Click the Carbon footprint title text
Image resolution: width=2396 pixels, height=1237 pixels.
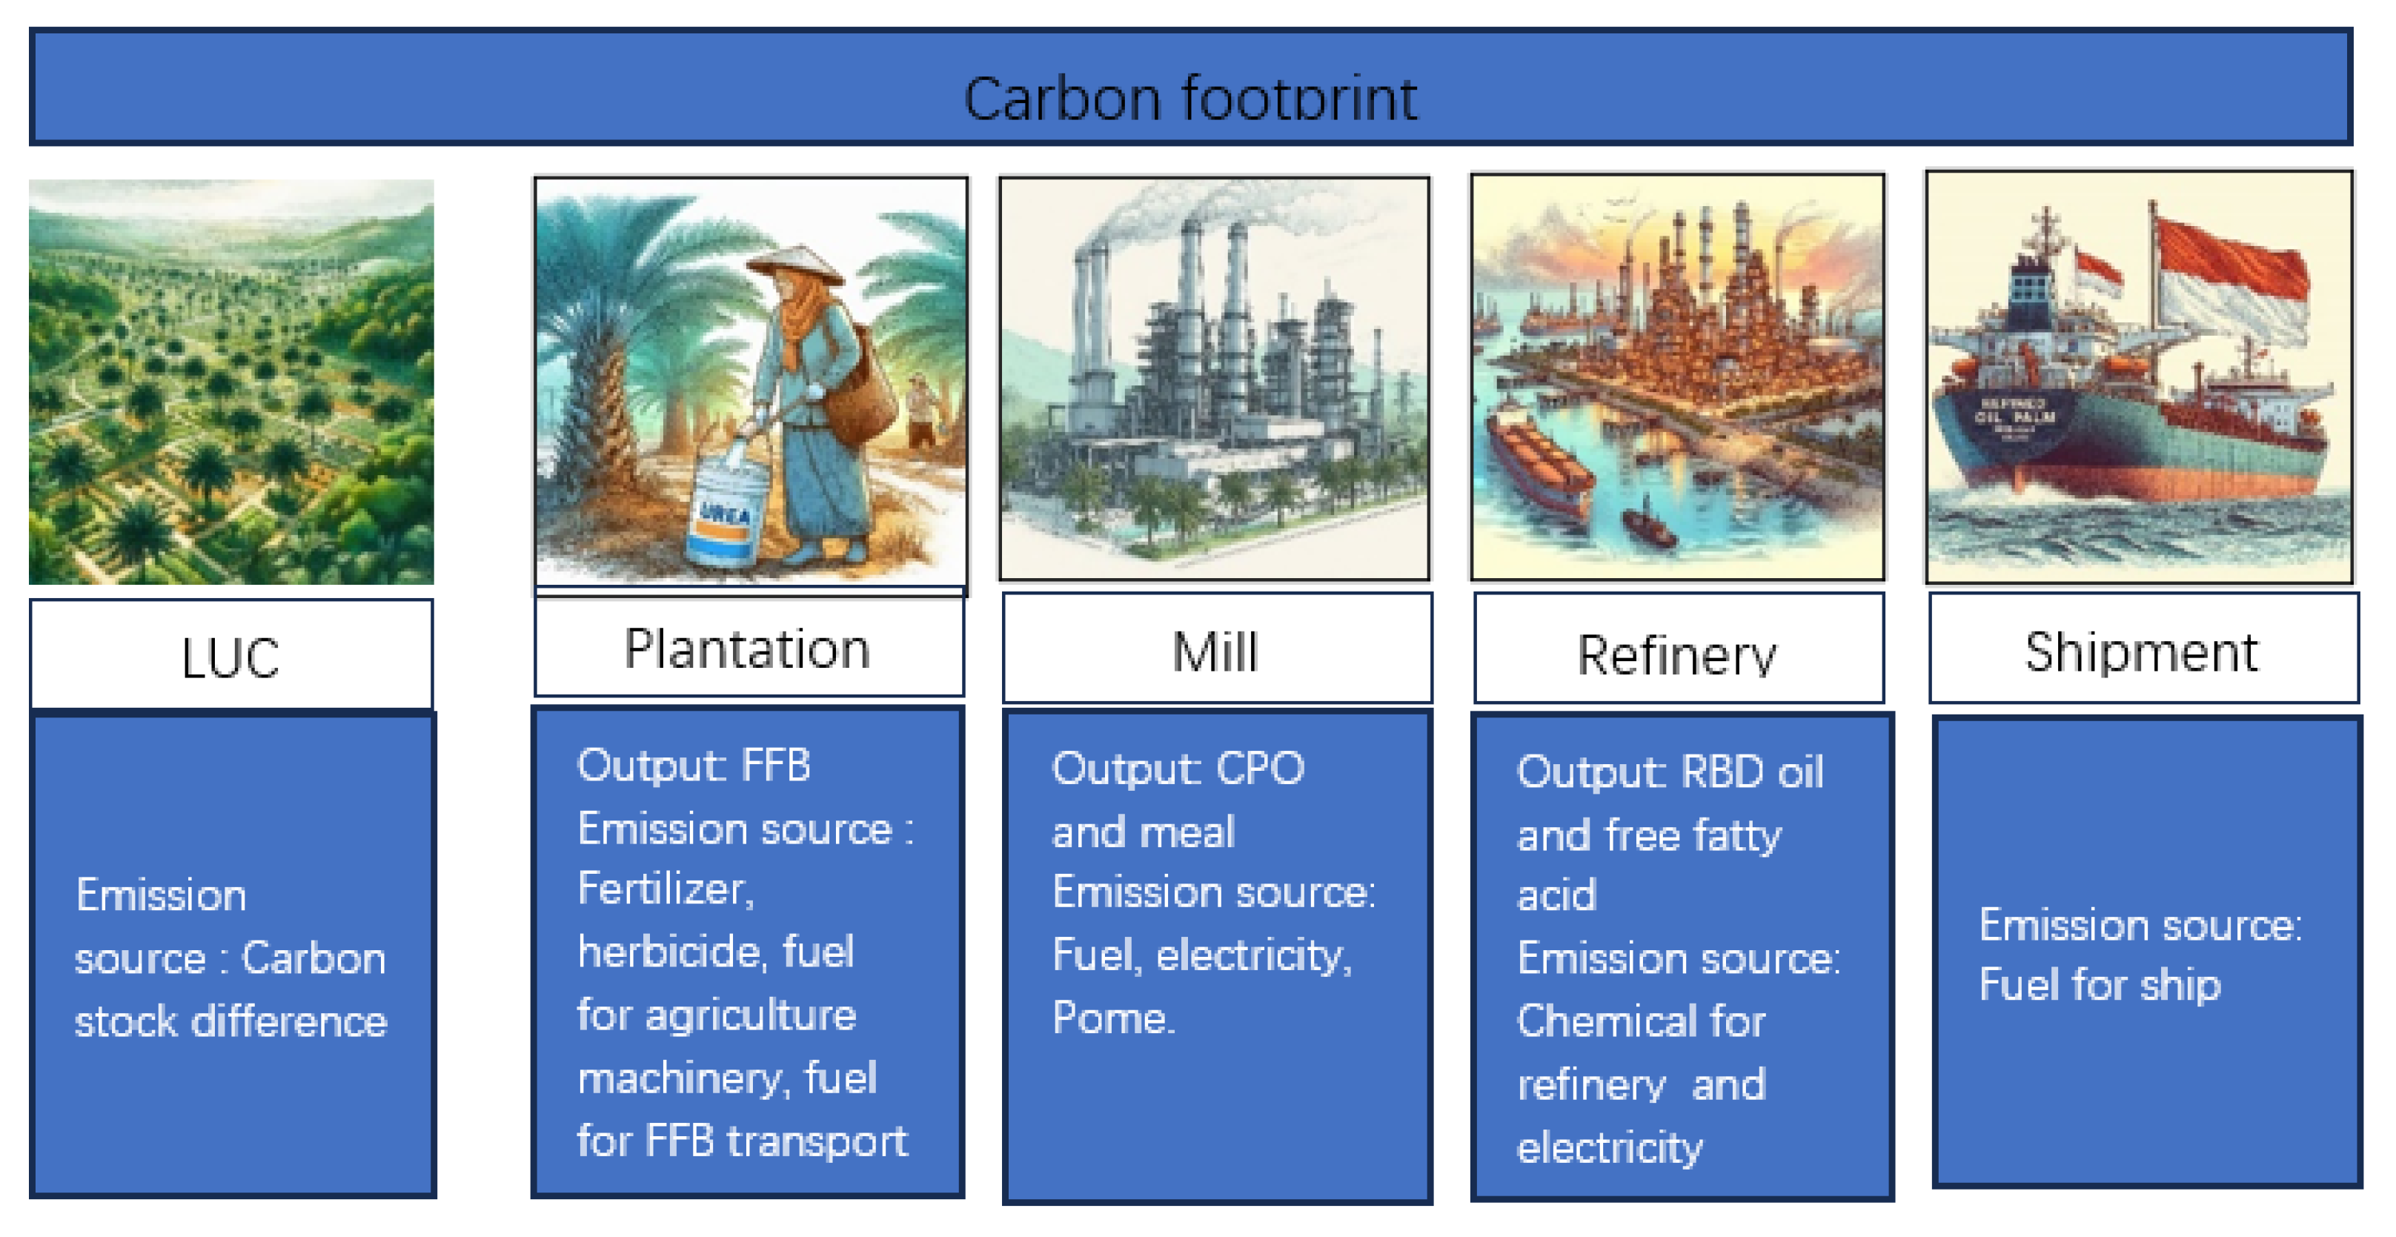click(1189, 99)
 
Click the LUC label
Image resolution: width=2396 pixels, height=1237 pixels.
click(230, 658)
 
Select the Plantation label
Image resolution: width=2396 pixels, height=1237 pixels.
click(747, 649)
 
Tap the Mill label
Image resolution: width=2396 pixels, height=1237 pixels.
click(1215, 652)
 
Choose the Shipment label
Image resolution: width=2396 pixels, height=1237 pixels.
click(2141, 652)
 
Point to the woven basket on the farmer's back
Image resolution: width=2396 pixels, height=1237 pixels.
click(860, 395)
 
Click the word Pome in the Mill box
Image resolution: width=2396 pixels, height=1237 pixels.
click(1112, 1018)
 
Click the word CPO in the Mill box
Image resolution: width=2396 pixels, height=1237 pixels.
click(1261, 769)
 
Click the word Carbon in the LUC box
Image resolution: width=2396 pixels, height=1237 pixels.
click(313, 959)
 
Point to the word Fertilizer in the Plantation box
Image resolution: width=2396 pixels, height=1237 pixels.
click(664, 889)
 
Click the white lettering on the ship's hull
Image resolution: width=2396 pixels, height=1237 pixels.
click(2014, 414)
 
